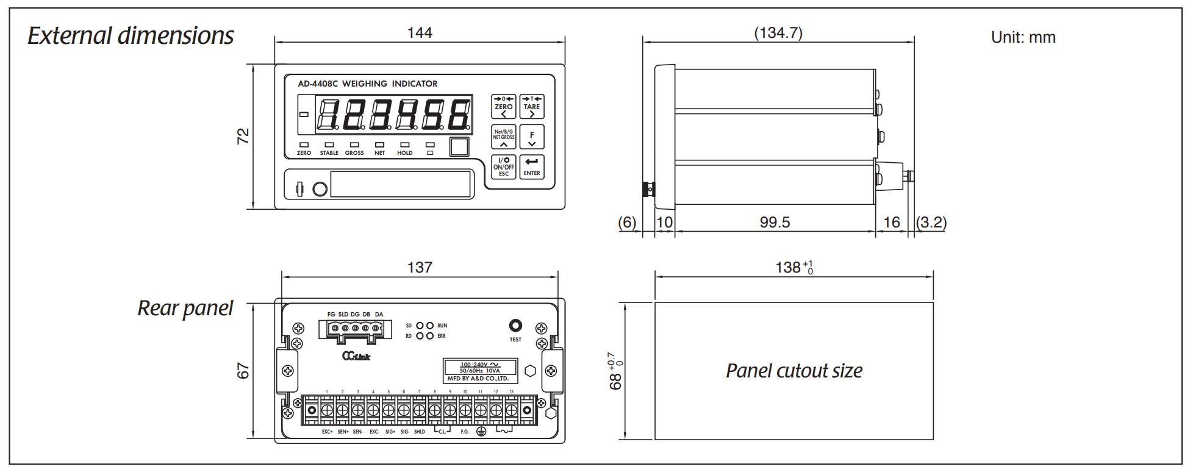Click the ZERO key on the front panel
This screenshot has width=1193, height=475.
[503, 106]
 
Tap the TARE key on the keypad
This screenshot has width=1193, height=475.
[531, 106]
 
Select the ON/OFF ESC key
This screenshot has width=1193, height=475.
[503, 166]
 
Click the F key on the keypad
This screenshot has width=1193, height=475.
[532, 137]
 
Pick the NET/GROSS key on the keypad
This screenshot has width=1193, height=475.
[503, 137]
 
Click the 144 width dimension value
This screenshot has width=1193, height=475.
[420, 33]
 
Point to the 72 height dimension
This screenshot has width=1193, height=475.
[243, 136]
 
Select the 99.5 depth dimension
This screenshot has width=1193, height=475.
[775, 223]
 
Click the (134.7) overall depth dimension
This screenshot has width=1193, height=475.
[778, 33]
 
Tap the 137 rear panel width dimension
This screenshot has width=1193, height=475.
[420, 267]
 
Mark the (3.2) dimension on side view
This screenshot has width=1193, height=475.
[931, 223]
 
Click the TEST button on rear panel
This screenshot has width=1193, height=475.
[515, 326]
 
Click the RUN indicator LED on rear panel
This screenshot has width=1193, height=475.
[430, 326]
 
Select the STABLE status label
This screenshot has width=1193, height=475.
[329, 153]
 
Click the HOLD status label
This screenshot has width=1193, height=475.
[405, 153]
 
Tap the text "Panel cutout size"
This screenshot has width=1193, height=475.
[794, 371]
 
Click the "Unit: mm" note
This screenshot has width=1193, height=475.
[1023, 37]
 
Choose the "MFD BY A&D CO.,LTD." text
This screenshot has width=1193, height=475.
[478, 379]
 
